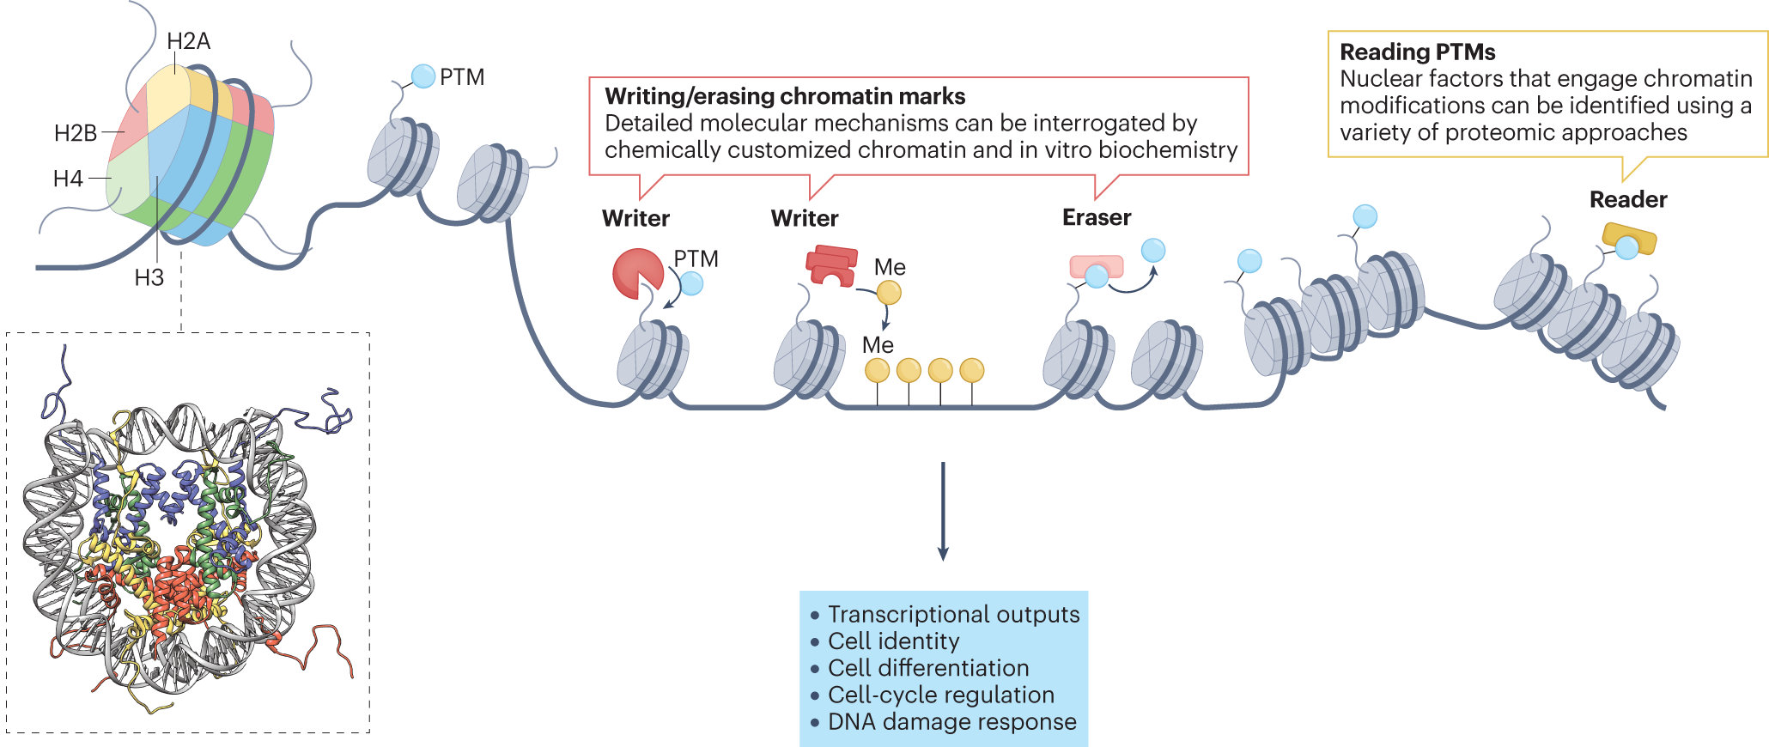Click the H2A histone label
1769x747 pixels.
point(188,41)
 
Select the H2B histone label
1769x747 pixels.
point(76,133)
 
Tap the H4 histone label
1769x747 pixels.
point(68,179)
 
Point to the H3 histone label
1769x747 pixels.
point(149,277)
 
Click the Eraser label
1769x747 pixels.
point(1097,217)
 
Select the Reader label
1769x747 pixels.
point(1628,199)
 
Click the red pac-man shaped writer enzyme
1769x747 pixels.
point(635,273)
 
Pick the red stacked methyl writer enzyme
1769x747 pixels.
point(831,265)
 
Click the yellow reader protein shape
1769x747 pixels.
point(1628,238)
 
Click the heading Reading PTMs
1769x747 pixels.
point(1418,52)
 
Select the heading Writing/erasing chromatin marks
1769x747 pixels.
point(785,96)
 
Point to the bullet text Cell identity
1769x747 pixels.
point(893,641)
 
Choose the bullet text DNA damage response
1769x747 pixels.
point(951,722)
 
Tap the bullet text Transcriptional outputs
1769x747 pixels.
point(953,615)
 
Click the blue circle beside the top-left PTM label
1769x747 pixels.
point(423,76)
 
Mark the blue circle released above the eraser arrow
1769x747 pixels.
point(1153,251)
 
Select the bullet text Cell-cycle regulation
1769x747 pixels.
point(940,695)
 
